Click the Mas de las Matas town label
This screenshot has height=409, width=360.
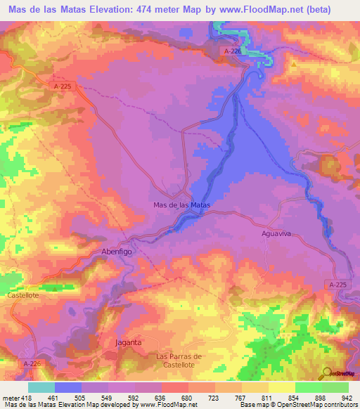click(182, 205)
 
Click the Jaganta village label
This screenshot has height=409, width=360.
click(128, 342)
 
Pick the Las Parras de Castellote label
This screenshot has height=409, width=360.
click(179, 361)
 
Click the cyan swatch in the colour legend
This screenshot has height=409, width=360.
click(41, 387)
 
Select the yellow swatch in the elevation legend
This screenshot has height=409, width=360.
click(283, 387)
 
